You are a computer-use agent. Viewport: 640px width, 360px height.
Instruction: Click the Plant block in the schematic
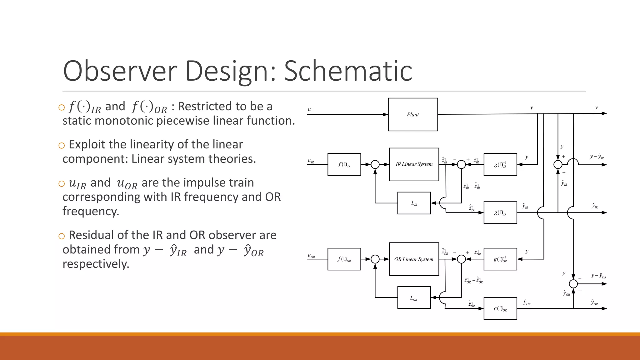click(413, 114)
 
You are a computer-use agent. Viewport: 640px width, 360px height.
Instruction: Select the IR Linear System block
click(414, 164)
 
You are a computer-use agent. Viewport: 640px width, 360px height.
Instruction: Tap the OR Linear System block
click(414, 259)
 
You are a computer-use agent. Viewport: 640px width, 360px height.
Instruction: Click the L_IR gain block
click(414, 203)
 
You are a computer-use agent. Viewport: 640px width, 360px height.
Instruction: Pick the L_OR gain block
click(414, 298)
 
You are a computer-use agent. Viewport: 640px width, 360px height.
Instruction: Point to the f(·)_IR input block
click(344, 164)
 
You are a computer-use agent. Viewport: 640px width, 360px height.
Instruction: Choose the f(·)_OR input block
click(344, 259)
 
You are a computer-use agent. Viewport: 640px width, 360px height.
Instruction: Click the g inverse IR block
click(500, 164)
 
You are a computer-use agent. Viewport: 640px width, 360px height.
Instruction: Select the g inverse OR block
click(500, 259)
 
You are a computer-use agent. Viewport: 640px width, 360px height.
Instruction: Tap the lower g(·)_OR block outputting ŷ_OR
click(500, 308)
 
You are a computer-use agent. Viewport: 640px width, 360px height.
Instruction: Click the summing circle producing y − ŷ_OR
click(573, 284)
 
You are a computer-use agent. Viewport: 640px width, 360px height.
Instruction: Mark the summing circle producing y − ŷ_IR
click(558, 164)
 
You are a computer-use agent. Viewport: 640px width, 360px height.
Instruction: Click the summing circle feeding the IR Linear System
click(375, 164)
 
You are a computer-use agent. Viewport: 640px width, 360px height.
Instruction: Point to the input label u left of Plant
click(309, 109)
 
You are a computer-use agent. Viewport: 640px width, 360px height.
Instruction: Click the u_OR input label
click(311, 256)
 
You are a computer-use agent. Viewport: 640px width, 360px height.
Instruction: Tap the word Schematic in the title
click(348, 71)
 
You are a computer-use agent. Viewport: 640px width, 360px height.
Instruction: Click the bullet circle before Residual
click(62, 236)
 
